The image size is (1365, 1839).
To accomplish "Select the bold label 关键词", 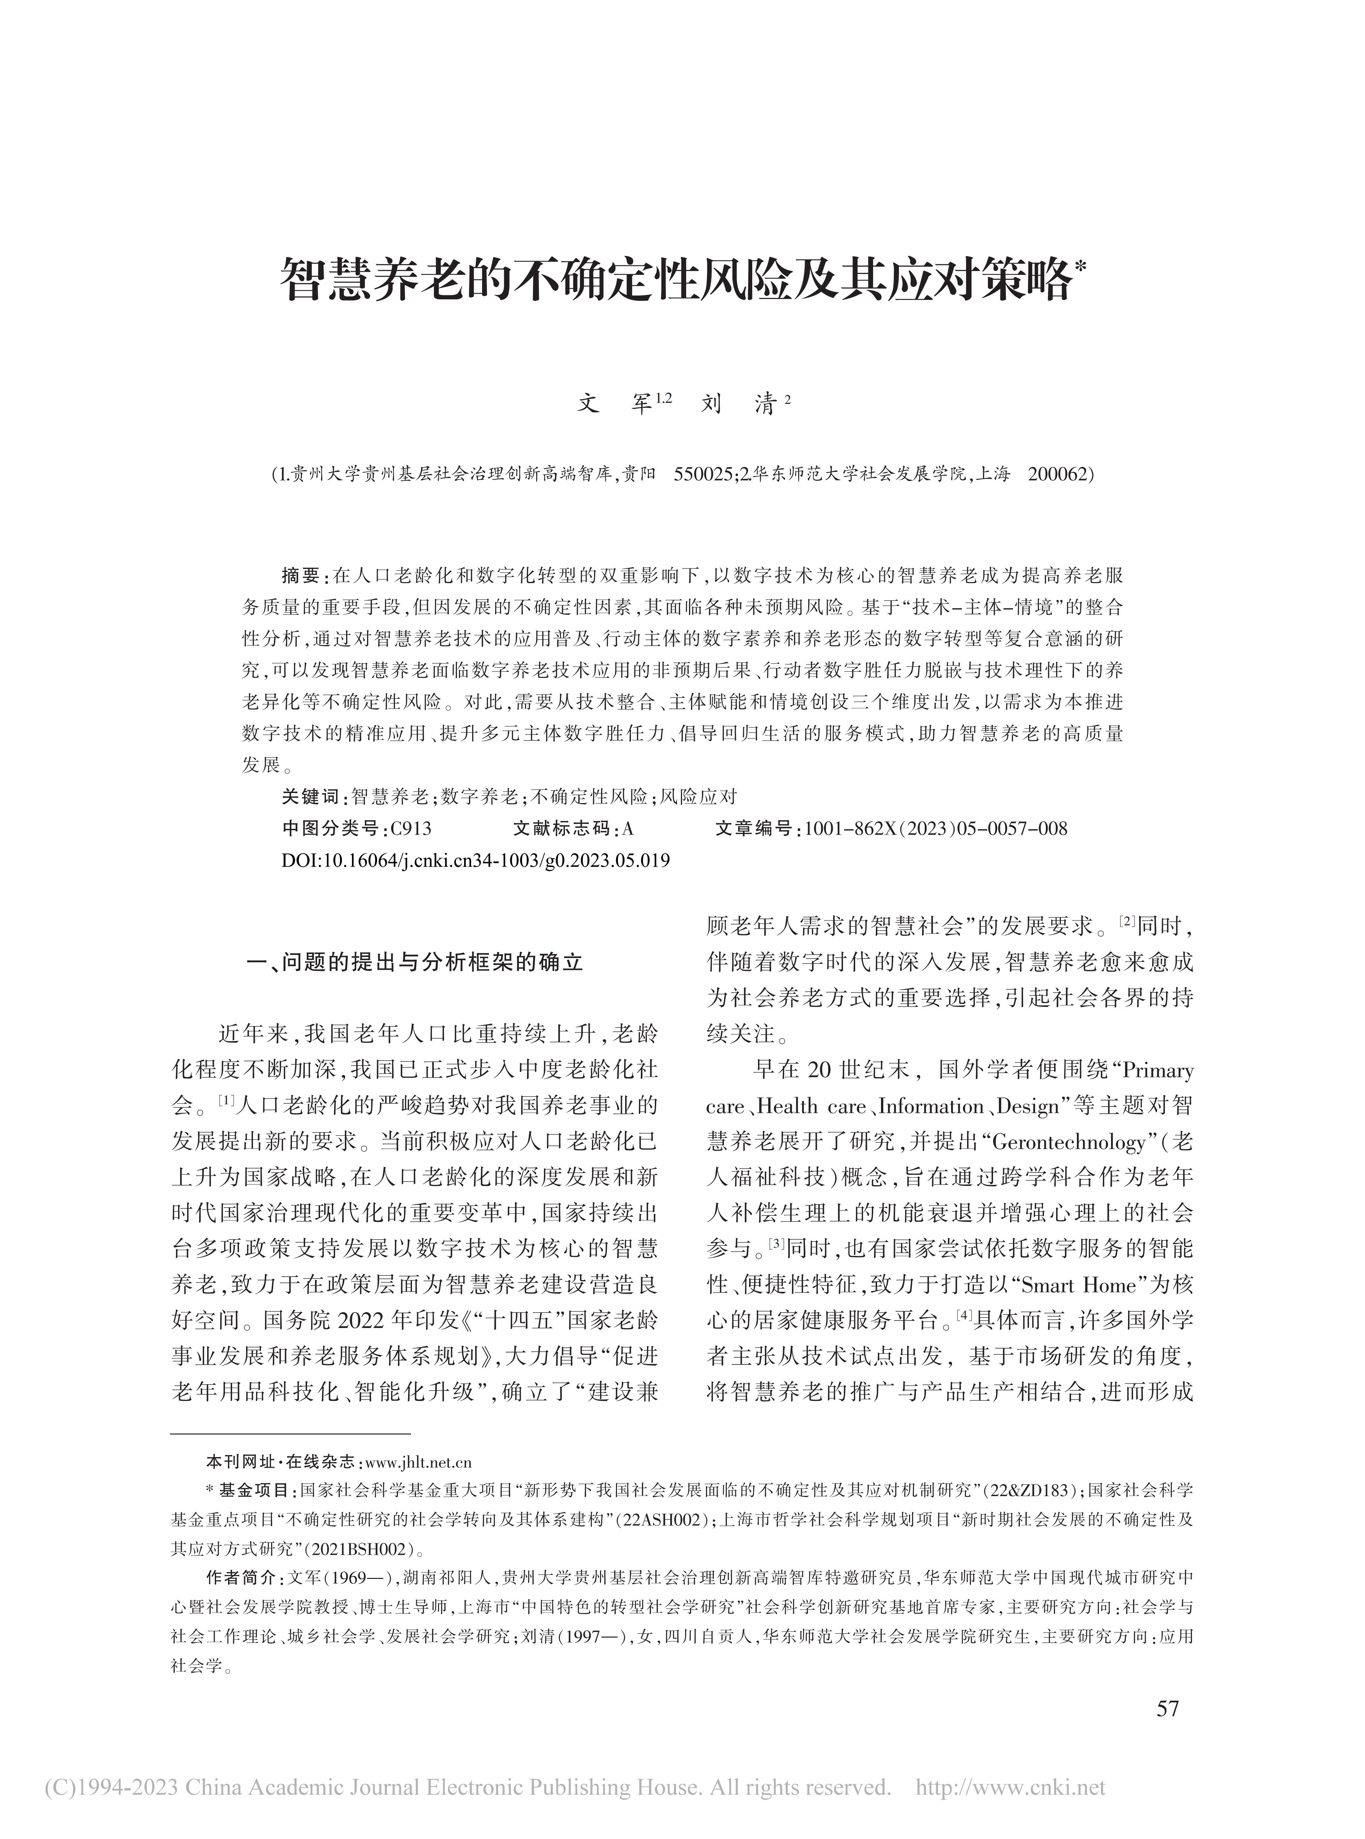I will [x=310, y=796].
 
